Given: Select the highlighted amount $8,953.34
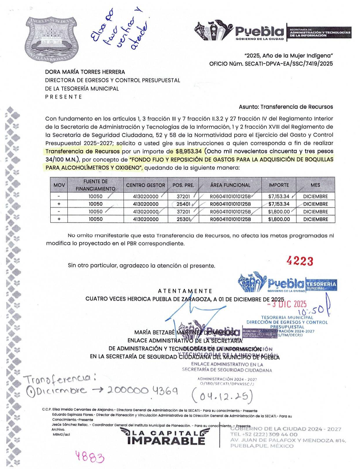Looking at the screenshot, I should click(188, 151).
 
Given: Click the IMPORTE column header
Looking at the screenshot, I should click(279, 185).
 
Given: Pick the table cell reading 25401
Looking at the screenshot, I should click(183, 204).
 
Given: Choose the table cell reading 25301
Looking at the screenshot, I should click(183, 219).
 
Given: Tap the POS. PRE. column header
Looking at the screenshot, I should click(183, 185).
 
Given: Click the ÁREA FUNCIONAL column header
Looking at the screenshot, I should click(230, 185).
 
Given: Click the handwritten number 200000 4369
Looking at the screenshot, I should click(142, 391).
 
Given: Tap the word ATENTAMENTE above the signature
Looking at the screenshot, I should click(185, 291).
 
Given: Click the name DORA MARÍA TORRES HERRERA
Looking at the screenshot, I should click(85, 72).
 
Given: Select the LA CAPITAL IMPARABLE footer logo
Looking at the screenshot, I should click(165, 436).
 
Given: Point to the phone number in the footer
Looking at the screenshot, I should click(264, 434).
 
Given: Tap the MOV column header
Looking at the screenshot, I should click(59, 185).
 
